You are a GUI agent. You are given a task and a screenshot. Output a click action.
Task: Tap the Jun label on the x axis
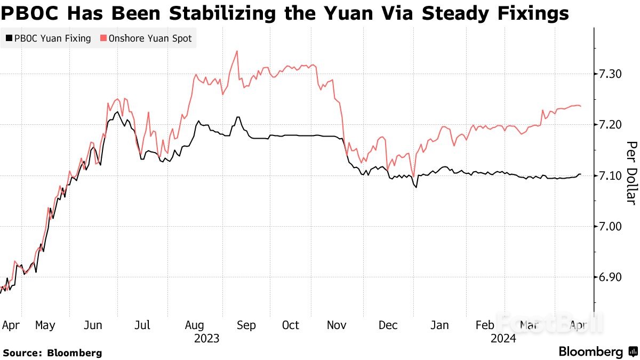94,325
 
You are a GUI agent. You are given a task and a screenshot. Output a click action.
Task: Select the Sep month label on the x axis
246,325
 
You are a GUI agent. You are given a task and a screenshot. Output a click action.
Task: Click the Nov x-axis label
337,325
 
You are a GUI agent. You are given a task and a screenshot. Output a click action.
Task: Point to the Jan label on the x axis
439,325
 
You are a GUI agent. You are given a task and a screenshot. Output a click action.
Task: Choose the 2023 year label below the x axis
207,338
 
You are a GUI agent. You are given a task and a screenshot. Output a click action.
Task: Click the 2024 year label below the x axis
503,338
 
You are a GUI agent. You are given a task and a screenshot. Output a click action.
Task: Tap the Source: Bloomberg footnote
52,353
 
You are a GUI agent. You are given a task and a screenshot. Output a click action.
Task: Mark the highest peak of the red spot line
237,51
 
